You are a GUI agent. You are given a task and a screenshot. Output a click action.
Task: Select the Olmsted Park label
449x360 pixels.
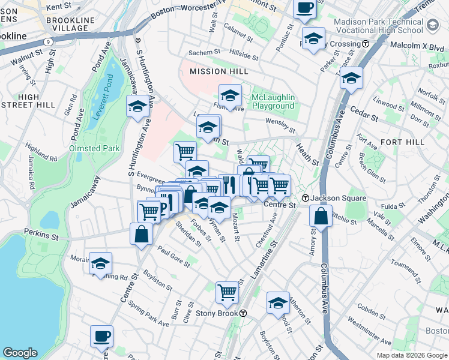[x=94, y=148]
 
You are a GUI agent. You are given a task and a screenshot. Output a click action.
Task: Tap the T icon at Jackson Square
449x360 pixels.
[x=305, y=198]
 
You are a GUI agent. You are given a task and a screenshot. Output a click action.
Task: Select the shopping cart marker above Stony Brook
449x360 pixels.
[x=228, y=292]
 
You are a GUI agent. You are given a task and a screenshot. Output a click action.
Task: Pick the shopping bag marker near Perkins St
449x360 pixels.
[x=141, y=234]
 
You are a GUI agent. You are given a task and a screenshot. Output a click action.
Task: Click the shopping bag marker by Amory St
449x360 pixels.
[x=321, y=215]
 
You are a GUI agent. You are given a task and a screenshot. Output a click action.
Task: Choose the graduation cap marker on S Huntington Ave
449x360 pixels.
[x=137, y=106]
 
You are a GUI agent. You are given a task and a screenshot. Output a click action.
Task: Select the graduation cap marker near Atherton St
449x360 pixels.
[x=278, y=303]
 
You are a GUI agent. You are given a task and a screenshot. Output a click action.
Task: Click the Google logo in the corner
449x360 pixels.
[x=20, y=353]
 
